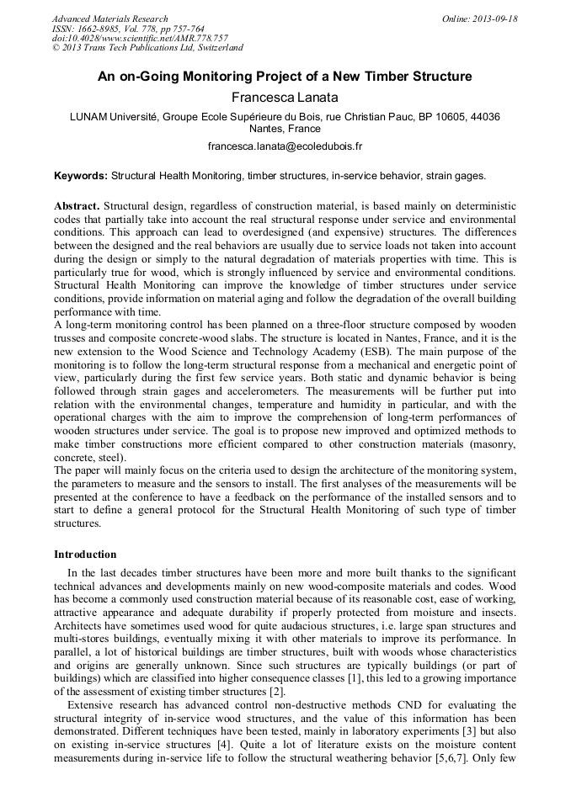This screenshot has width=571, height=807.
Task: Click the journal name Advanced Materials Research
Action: coord(109,19)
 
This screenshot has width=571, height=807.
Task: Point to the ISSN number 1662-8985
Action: coord(107,29)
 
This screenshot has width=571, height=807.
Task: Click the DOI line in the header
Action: coord(140,39)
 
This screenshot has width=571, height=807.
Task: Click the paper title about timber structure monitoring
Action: coord(285,77)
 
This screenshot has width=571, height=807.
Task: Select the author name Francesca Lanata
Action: coord(285,98)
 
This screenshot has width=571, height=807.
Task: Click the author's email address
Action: coord(285,146)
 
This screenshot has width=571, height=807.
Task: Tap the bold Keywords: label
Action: coord(81,176)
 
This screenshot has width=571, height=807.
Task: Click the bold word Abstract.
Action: coord(77,206)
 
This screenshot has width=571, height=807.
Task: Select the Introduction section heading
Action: coord(85,555)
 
